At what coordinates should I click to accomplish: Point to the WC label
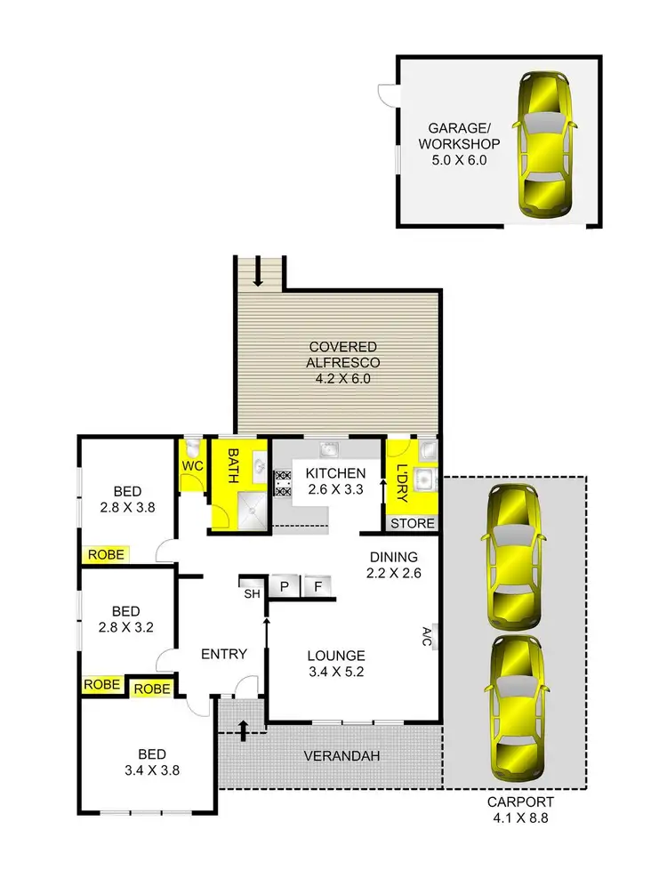pos(193,466)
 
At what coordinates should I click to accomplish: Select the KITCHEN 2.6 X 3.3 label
pos(329,481)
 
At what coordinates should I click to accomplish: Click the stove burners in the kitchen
pos(283,481)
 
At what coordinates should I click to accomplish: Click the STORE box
pos(414,523)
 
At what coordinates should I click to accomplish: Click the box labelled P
pos(285,586)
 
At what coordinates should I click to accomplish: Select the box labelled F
pos(317,586)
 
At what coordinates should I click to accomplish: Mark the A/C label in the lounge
pos(427,636)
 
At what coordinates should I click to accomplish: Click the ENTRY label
pos(223,654)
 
